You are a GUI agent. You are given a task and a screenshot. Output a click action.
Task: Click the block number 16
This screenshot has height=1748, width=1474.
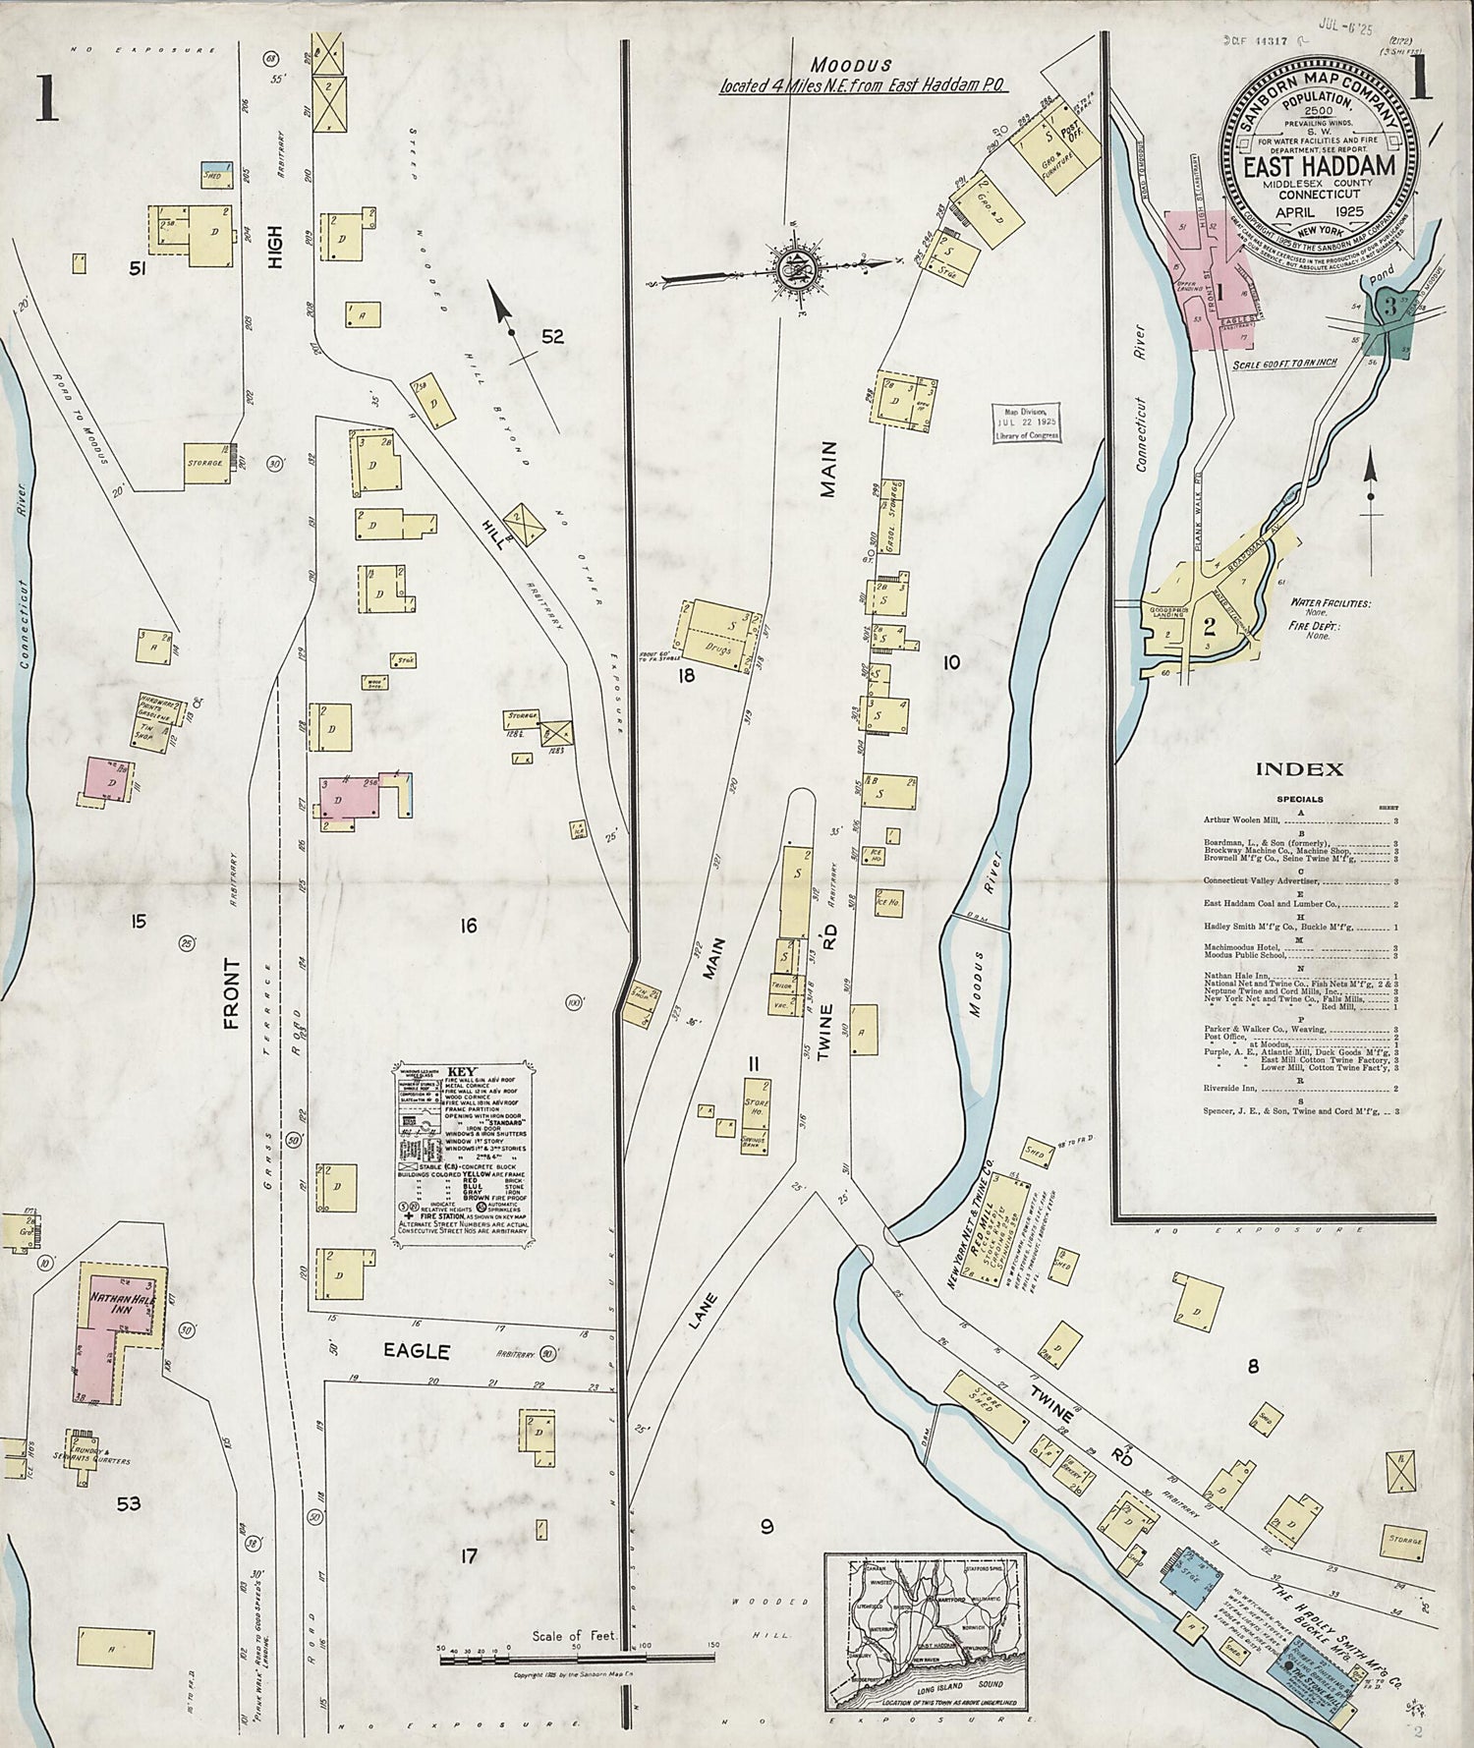[x=468, y=926]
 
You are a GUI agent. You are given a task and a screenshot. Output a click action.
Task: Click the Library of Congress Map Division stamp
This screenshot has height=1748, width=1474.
[x=1027, y=424]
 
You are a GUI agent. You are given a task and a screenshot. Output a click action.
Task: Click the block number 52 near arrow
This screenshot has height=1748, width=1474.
[x=553, y=337]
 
